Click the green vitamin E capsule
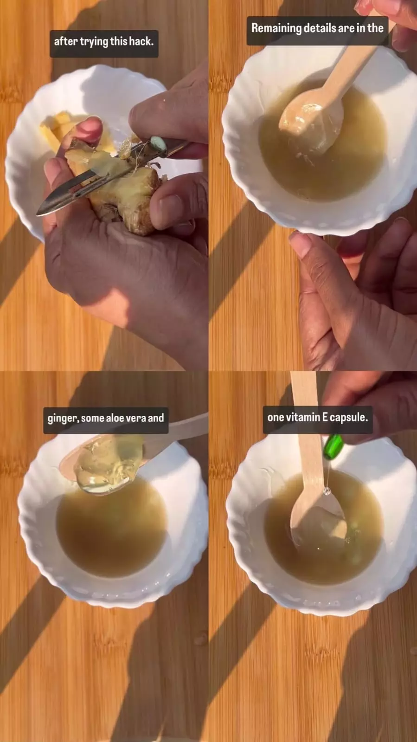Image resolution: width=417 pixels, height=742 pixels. (x=333, y=446)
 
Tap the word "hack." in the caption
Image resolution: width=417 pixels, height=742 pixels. (x=141, y=41)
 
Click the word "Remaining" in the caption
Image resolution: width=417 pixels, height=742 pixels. (x=276, y=28)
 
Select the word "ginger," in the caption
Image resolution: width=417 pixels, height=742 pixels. (x=63, y=419)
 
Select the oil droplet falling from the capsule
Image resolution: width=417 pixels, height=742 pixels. (x=327, y=491)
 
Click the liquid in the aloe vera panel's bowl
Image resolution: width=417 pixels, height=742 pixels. (x=111, y=534)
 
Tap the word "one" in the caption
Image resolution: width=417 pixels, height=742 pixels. (x=276, y=417)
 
